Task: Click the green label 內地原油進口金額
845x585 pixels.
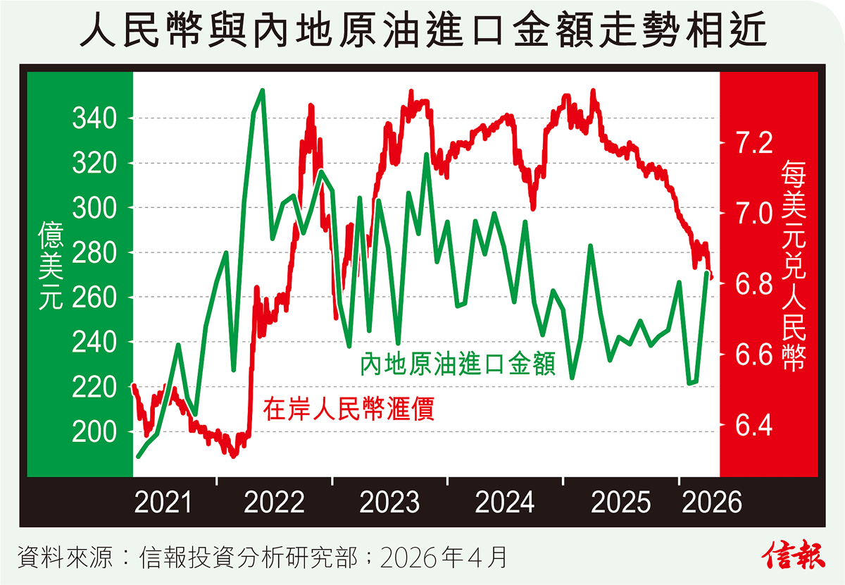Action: (458, 364)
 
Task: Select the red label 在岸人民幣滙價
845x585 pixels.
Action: (349, 409)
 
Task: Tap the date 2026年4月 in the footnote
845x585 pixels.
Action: (444, 558)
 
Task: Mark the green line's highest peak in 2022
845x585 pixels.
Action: (262, 90)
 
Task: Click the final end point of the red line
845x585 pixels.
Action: (712, 278)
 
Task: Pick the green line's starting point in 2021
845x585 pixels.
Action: (138, 457)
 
